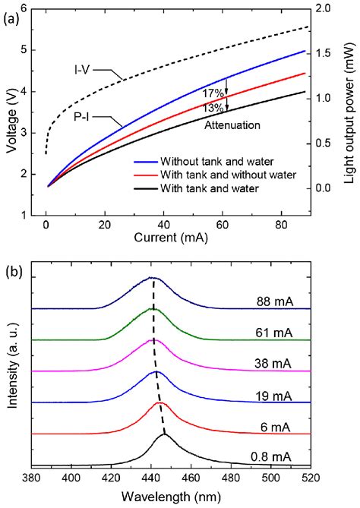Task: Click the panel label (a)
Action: pyautogui.click(x=12, y=13)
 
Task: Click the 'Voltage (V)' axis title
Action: pyautogui.click(x=10, y=111)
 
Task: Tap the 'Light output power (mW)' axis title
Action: pyautogui.click(x=351, y=111)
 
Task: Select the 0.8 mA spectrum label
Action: pyautogui.click(x=277, y=456)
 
